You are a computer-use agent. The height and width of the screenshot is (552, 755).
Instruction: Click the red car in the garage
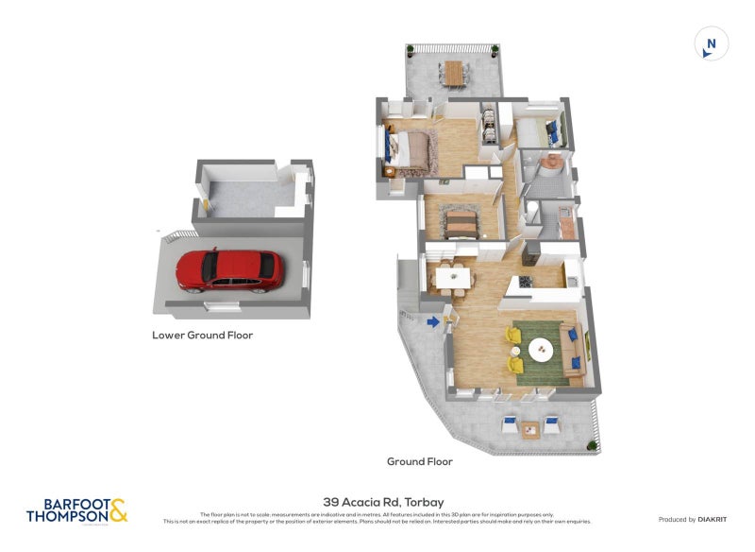[229, 268]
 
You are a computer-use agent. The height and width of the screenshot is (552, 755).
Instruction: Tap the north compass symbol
[712, 43]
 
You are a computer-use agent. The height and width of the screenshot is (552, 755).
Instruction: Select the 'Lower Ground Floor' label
[202, 335]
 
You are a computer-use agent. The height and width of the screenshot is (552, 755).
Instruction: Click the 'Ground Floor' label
[419, 461]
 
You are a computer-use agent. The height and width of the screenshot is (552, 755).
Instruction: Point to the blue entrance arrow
[433, 322]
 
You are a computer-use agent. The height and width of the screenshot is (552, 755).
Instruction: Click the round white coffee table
[542, 350]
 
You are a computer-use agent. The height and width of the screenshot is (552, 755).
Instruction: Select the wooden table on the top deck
[455, 71]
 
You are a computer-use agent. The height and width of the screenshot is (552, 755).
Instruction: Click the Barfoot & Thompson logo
[76, 511]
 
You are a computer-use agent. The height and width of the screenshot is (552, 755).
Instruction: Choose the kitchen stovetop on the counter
[524, 283]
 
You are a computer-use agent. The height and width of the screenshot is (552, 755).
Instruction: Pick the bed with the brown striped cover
[460, 223]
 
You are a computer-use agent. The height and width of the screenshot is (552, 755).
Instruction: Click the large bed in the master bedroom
[411, 149]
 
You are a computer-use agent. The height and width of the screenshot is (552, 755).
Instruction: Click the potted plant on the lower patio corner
[589, 443]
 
